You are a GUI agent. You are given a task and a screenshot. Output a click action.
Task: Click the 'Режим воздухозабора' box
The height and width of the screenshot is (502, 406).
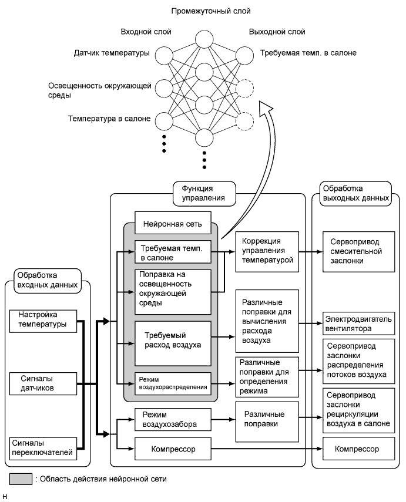point(172,419)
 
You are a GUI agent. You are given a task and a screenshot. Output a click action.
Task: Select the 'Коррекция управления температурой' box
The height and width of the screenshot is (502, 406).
point(264,251)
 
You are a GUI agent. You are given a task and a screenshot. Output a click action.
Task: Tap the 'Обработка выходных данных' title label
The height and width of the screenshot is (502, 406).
point(355,193)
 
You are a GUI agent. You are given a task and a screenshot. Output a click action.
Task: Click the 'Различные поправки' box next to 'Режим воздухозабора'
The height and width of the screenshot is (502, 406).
point(264,420)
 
